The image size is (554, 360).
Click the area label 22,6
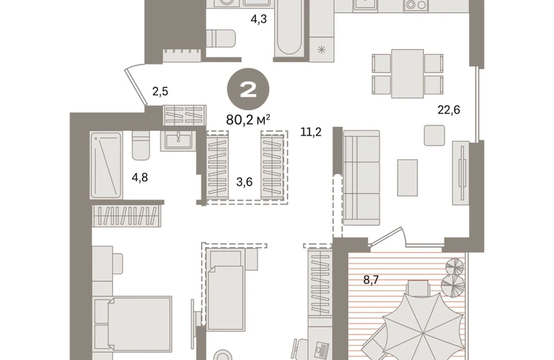click(449, 110)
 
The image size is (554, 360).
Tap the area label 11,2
click(311, 132)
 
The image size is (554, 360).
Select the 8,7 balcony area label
click(371, 280)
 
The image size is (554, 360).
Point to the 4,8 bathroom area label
click(140, 178)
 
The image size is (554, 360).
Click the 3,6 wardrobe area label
click(244, 182)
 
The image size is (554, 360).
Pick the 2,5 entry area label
click(160, 91)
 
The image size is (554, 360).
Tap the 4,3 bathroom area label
click(258, 19)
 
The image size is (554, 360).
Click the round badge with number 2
click(248, 89)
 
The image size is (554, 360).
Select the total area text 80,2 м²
click(248, 120)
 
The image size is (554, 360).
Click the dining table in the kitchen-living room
click(407, 73)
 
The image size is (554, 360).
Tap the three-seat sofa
click(361, 178)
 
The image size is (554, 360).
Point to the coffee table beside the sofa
click(407, 178)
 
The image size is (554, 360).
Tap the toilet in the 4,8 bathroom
click(140, 145)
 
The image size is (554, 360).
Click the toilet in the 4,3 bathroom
click(221, 38)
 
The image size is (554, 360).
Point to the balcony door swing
click(388, 235)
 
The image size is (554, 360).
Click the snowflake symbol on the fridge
click(321, 50)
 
